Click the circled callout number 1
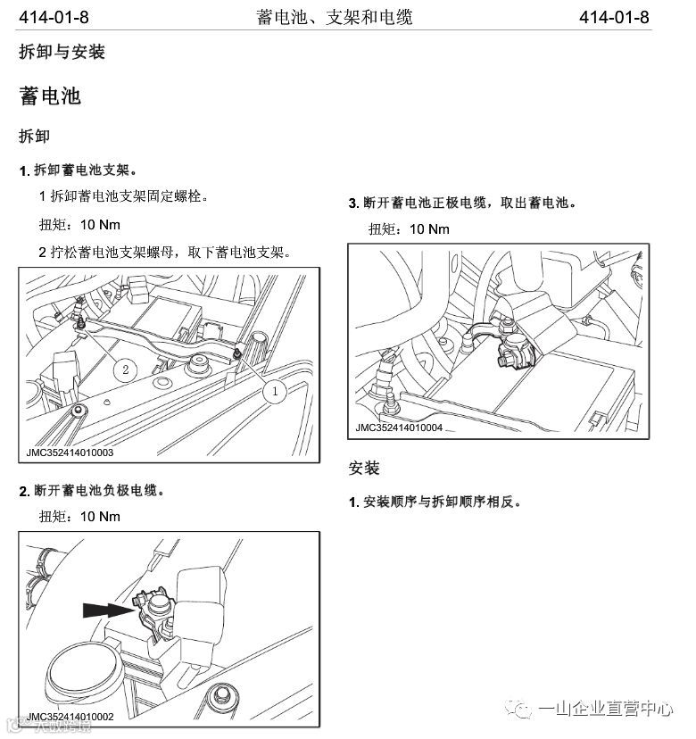tap(275, 391)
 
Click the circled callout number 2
tap(125, 369)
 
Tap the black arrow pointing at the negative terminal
tap(109, 610)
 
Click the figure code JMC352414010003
tap(70, 453)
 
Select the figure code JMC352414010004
tap(399, 428)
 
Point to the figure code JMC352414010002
tap(70, 717)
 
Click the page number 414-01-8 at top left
tap(54, 18)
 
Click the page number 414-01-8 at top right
tap(614, 18)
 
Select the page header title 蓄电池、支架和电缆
tap(334, 18)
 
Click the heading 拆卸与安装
tap(62, 52)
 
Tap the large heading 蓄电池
tap(50, 95)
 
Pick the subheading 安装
tap(364, 468)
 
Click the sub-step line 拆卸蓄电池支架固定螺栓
tap(123, 195)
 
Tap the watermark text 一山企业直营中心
tap(606, 709)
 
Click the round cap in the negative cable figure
tap(86, 677)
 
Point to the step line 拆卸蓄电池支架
tap(79, 170)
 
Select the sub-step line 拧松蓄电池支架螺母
tap(164, 253)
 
